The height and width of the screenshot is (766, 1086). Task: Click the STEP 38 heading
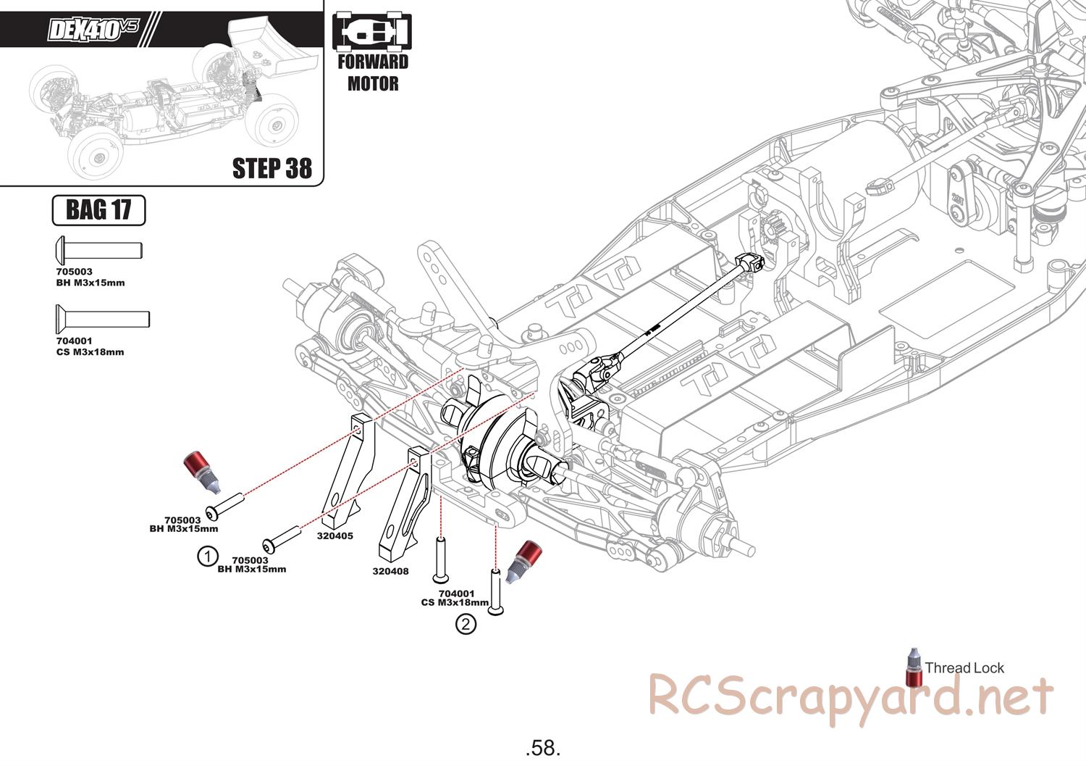271,168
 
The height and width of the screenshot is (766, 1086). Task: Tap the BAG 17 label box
98,210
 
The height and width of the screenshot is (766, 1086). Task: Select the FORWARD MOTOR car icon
371,33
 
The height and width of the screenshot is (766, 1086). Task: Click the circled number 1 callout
208,556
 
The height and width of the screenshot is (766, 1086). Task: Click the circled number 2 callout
466,623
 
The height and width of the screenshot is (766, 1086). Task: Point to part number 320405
334,536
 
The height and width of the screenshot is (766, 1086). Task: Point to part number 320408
390,571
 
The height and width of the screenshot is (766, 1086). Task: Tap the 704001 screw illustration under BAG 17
102,318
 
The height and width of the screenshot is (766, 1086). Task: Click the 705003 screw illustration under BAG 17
98,250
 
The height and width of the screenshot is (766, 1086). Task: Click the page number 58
543,747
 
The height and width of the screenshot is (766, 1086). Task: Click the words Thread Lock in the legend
964,668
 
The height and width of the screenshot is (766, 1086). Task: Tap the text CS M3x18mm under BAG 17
90,352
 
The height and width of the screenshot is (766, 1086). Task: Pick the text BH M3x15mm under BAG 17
90,283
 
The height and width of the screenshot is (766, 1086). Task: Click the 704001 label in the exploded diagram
456,594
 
